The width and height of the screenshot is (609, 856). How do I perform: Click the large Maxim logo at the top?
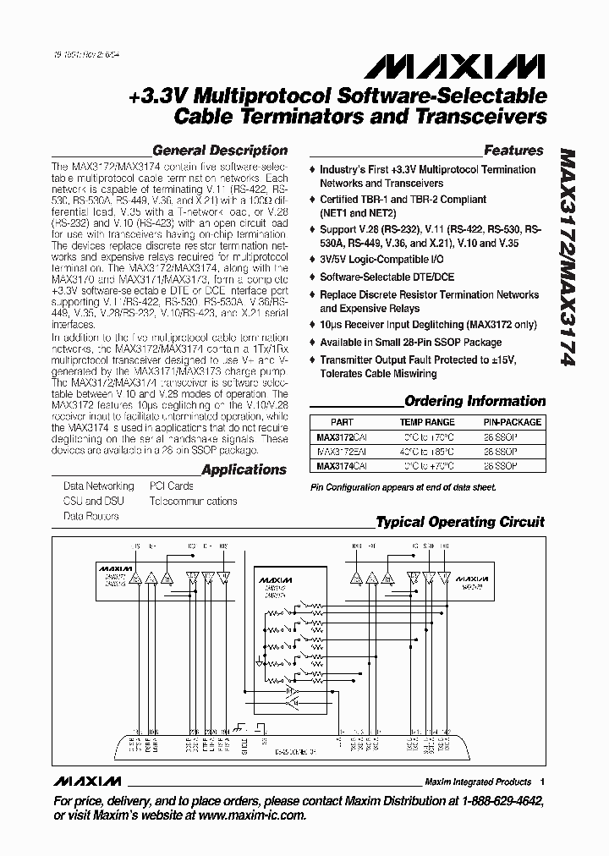pos(484,64)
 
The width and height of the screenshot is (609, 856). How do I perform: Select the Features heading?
pos(513,151)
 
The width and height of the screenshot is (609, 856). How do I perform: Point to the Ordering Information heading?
pos(475,401)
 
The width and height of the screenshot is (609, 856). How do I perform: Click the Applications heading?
pos(244,469)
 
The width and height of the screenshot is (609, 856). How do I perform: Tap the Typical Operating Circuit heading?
pos(460,522)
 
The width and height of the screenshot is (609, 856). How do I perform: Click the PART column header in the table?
pos(343,422)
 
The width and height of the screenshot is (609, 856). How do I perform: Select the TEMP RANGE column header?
pos(426,422)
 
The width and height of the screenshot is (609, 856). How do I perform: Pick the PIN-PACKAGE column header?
pos(504,422)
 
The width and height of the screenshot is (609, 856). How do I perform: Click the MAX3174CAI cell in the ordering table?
pos(343,466)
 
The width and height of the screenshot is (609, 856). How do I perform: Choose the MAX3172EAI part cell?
pos(343,452)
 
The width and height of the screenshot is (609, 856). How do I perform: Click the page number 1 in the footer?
pos(541,782)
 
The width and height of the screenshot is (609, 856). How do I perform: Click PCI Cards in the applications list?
pos(172,486)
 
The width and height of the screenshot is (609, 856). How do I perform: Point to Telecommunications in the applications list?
pos(193,501)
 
